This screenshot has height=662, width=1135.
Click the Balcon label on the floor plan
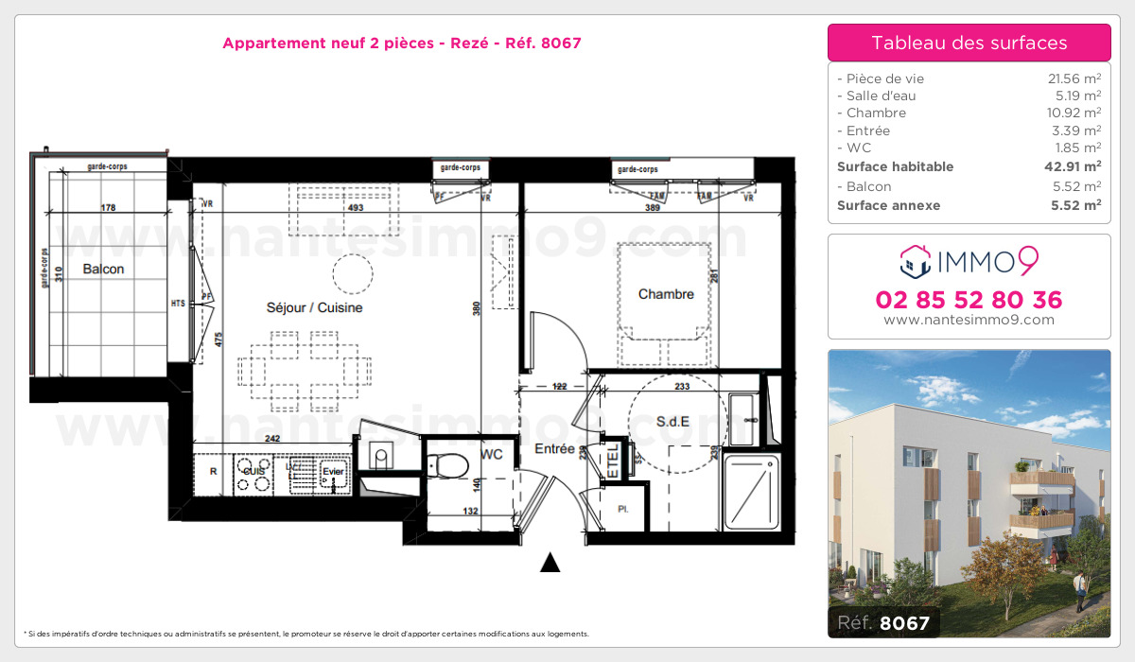(103, 270)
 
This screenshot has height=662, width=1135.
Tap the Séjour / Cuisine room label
(314, 308)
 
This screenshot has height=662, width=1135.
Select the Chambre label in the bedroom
(666, 295)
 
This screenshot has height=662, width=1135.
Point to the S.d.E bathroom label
(672, 422)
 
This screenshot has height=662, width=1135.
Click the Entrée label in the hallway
(554, 449)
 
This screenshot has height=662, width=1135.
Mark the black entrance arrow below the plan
(550, 564)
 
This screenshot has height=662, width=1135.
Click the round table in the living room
(351, 275)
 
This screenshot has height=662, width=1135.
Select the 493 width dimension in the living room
(354, 208)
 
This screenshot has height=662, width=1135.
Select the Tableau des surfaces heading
(969, 43)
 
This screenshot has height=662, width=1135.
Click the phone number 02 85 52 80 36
(969, 301)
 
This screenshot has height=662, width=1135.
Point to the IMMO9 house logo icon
(914, 259)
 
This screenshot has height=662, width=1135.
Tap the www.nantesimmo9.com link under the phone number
(969, 321)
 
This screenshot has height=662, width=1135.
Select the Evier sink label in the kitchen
(331, 471)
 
